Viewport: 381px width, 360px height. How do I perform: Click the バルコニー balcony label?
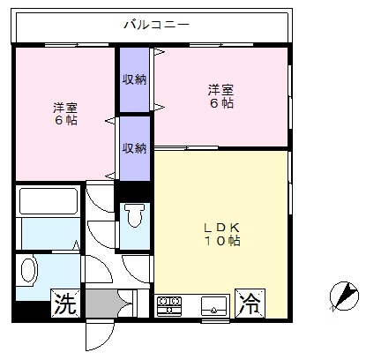(155, 25)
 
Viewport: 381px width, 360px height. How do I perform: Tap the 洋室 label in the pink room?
(65, 105)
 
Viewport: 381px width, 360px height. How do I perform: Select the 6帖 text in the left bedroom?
(65, 119)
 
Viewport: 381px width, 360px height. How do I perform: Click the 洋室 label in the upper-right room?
(220, 88)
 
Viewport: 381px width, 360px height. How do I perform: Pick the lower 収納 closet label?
(134, 147)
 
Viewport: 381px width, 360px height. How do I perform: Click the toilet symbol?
(134, 216)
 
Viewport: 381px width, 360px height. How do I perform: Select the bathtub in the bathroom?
(49, 203)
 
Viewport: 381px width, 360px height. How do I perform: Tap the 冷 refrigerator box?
(249, 304)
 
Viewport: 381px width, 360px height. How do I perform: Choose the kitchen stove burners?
(168, 306)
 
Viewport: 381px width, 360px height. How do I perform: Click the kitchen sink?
(213, 306)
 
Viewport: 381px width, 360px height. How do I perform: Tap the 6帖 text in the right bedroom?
(220, 102)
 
